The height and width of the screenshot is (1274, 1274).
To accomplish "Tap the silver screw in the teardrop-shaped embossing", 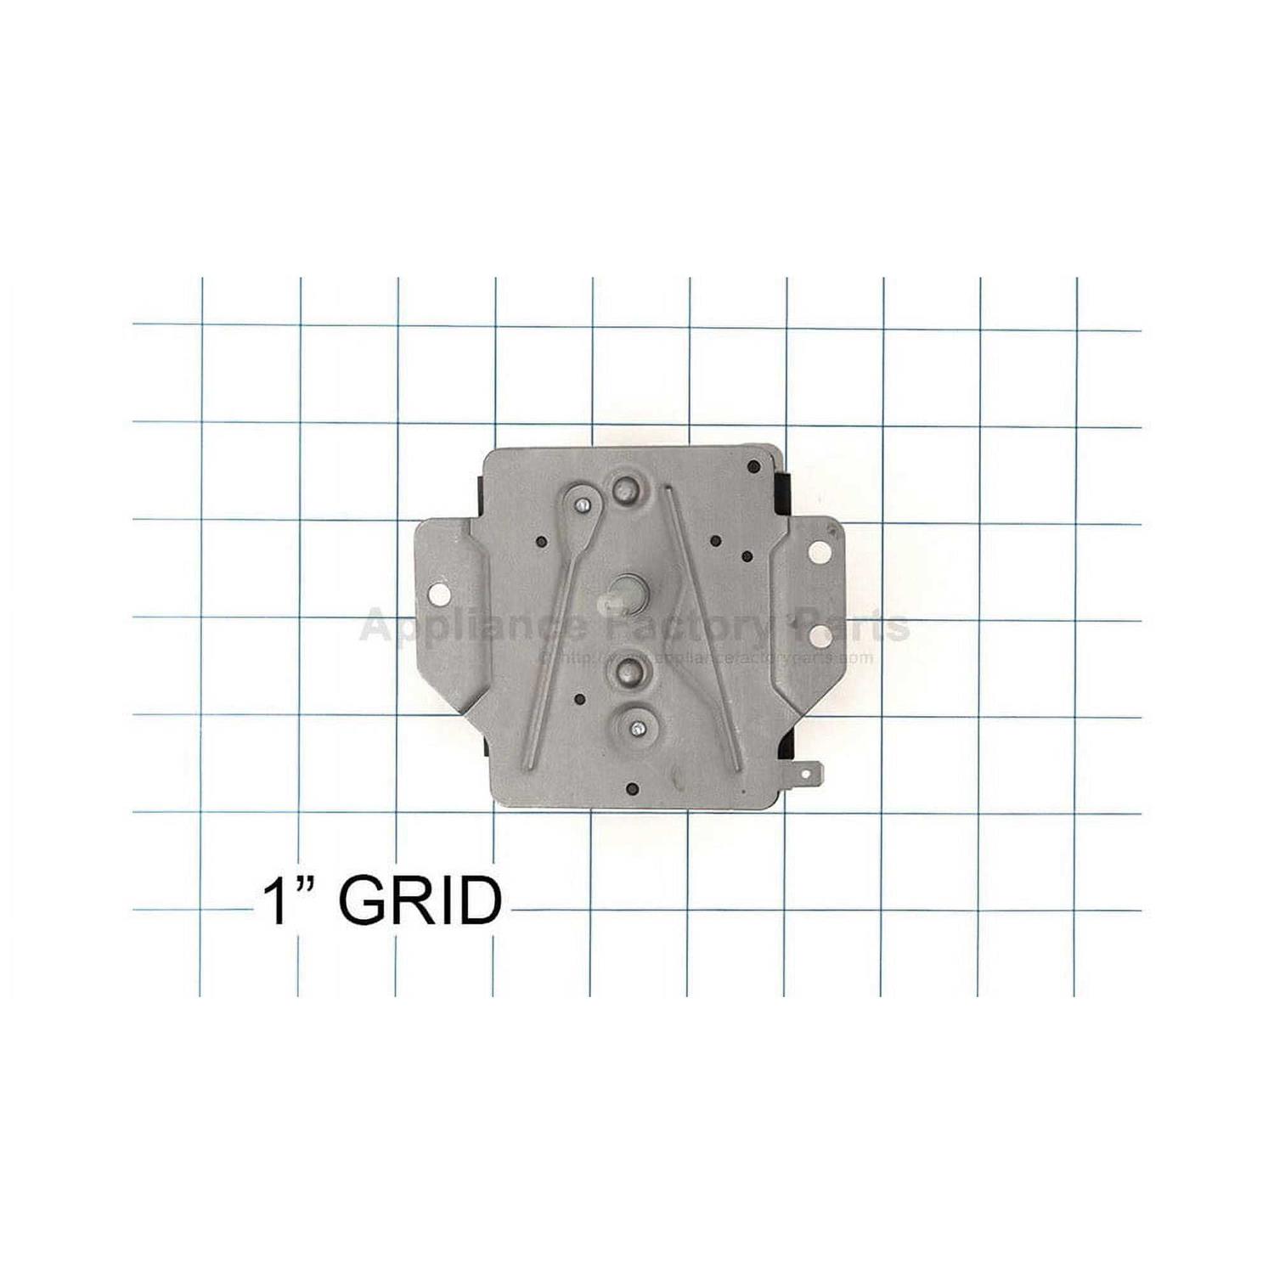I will [x=579, y=504].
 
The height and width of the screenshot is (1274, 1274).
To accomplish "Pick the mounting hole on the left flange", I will [x=439, y=591].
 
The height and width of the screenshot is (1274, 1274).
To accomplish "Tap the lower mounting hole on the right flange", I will [x=818, y=634].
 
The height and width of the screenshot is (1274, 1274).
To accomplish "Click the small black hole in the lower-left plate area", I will [x=579, y=699].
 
